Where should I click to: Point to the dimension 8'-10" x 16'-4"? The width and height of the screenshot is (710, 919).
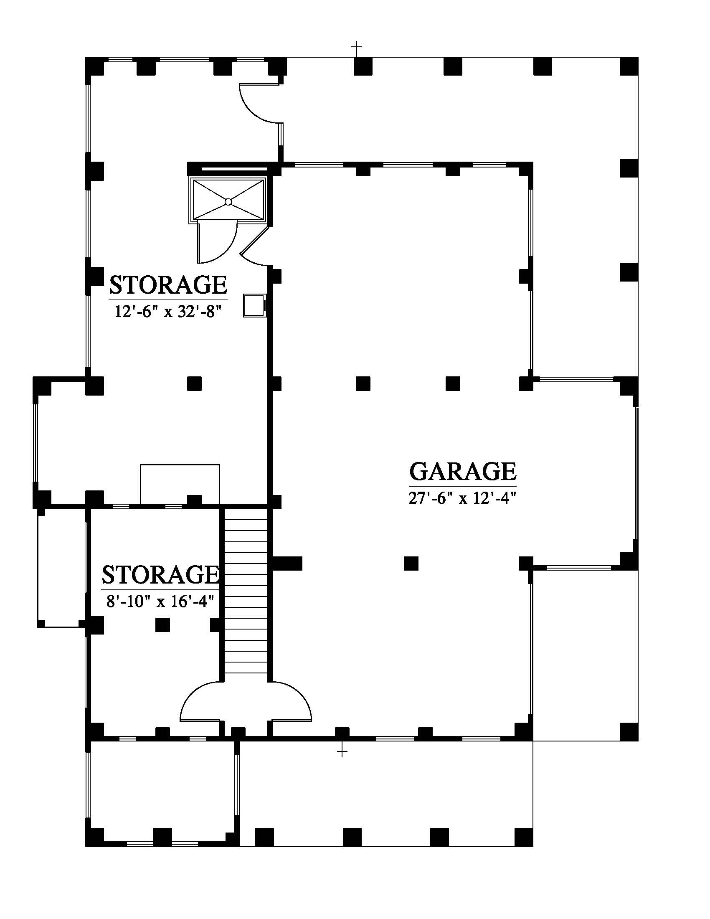pos(160,602)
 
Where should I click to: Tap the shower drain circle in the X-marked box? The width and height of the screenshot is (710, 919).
pos(228,202)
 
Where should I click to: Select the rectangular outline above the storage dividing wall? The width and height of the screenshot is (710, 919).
pos(180,484)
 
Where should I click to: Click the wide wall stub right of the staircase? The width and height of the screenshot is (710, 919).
pos(287,563)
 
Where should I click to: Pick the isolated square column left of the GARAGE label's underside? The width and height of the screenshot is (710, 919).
pos(411,563)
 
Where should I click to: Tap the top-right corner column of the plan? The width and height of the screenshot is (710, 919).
pos(629,66)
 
